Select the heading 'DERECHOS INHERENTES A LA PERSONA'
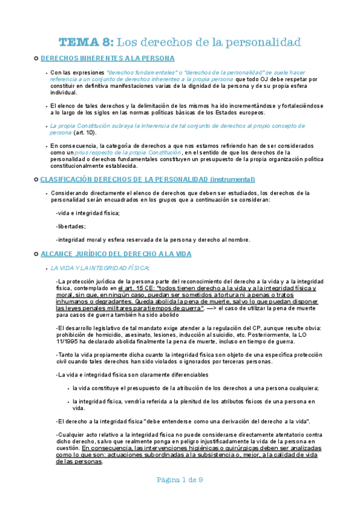(x=108, y=58)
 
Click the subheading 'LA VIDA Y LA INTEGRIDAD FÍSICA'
(x=99, y=268)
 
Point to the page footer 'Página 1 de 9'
(x=180, y=496)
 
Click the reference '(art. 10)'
(x=84, y=132)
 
